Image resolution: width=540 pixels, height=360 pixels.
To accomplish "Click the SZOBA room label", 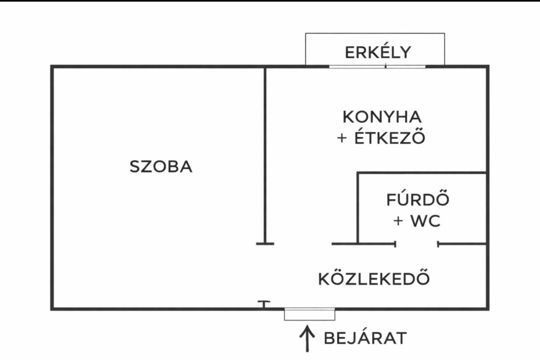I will point(161,167).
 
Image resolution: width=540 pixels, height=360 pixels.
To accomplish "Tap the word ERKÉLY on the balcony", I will point(378,53).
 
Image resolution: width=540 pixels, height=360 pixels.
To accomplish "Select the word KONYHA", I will point(382,116).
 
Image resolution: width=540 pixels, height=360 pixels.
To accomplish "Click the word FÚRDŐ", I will point(418,200).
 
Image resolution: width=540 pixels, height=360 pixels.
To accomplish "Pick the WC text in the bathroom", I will point(425,221).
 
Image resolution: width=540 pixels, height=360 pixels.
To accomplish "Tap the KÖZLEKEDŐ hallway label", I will point(374,278).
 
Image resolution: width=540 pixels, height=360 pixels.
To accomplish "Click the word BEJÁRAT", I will point(365,338).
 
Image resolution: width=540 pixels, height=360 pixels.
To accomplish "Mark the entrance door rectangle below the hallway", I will point(310,314).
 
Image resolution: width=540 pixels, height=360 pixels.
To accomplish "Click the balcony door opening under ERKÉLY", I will point(378,66).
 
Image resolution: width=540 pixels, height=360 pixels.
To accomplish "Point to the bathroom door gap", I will point(417,244).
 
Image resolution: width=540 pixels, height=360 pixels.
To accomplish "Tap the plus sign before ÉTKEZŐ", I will point(343,138).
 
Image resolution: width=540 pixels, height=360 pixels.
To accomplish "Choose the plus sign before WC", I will point(399,221).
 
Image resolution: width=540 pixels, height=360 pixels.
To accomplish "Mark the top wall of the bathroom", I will point(421,173).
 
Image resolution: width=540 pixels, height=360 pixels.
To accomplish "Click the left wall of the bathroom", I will point(358,208).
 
